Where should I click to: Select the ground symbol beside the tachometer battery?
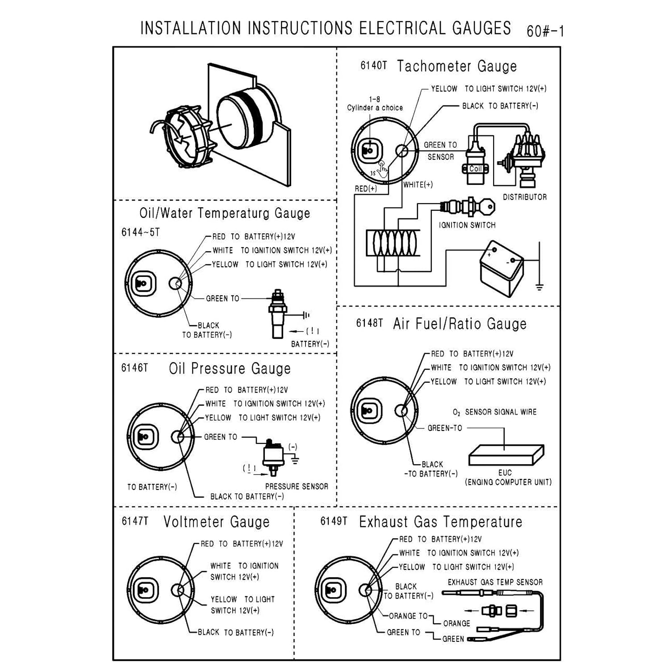pos(540,286)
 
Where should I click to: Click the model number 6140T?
pos(373,66)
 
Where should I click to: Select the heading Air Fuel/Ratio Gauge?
pos(460,324)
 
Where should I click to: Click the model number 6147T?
pos(134,521)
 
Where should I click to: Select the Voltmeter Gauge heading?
pos(216,522)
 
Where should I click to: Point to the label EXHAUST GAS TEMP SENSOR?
pos(495,582)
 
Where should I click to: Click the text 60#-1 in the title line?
pos(545,31)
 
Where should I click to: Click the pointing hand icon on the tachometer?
pos(383,169)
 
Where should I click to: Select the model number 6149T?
pos(333,521)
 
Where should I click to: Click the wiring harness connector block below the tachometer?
pos(393,243)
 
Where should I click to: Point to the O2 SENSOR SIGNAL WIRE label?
pos(494,412)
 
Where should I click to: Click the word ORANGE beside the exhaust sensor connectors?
pos(456,623)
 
